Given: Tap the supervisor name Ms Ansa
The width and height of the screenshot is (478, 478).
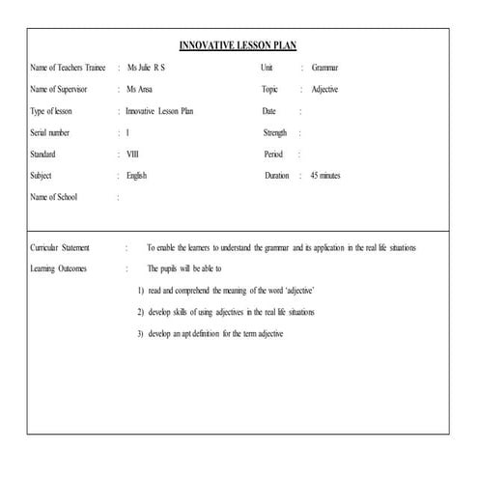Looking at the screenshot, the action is (141, 90).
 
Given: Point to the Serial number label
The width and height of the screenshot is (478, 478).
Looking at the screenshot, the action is (54, 132).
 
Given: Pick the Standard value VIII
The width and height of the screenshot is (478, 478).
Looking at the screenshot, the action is (132, 155).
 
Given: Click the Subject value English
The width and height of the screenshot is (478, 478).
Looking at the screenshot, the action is (136, 176).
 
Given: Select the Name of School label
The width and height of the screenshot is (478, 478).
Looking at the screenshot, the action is (54, 197).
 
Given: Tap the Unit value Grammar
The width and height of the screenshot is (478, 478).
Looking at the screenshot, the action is (324, 68).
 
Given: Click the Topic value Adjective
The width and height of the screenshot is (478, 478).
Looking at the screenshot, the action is (325, 90).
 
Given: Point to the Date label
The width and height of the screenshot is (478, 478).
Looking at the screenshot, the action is (268, 111).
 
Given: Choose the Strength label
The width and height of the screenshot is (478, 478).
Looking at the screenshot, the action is (275, 132).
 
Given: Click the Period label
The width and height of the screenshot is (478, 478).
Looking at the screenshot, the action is (273, 155).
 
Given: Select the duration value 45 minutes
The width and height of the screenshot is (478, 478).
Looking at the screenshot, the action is (325, 176).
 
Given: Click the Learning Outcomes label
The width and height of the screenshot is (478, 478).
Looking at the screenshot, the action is (59, 268).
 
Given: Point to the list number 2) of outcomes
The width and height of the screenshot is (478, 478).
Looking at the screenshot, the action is (140, 312).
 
